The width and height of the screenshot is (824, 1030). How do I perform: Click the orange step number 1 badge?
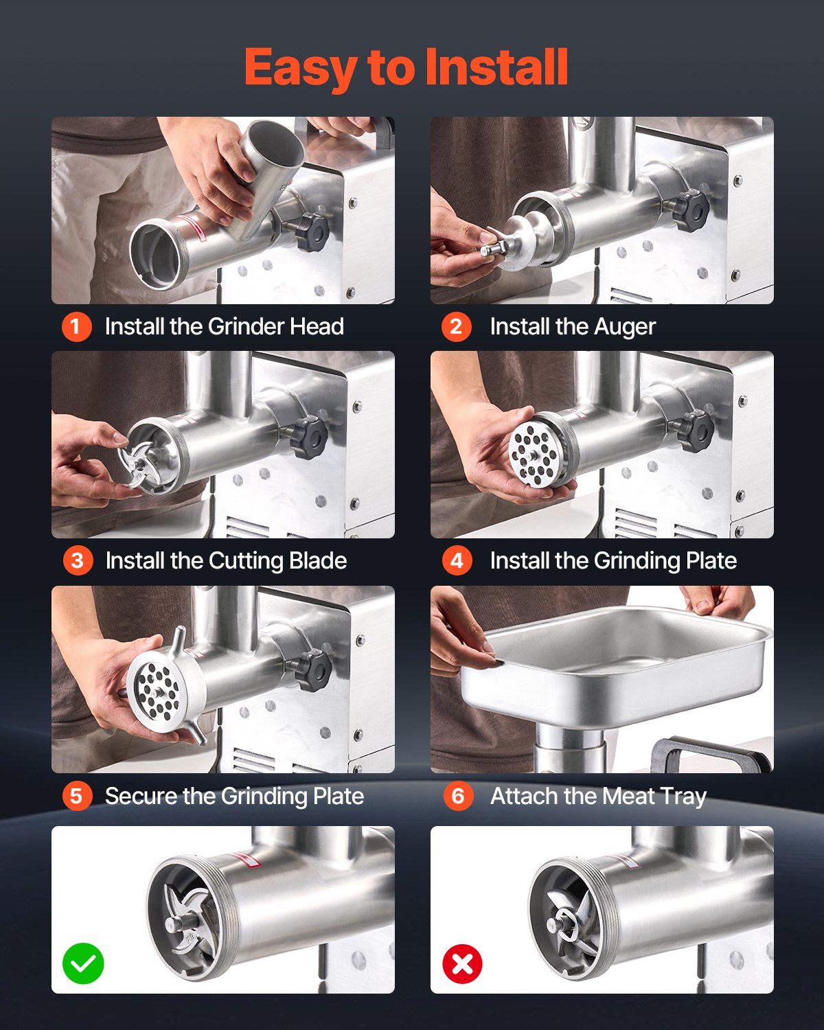[77, 326]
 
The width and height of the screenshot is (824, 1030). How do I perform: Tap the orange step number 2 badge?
[456, 326]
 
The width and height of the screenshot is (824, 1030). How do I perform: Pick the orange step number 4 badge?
[457, 560]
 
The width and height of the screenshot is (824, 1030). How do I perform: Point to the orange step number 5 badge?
[77, 796]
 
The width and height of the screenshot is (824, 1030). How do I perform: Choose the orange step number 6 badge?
[458, 796]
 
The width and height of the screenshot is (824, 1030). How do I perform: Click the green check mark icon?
[83, 963]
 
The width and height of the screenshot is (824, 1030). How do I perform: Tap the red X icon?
[463, 964]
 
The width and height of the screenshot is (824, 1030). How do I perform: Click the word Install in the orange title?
[496, 67]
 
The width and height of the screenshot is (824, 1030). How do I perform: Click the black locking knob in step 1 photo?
[311, 232]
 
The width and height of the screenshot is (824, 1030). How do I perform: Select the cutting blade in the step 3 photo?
[137, 464]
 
